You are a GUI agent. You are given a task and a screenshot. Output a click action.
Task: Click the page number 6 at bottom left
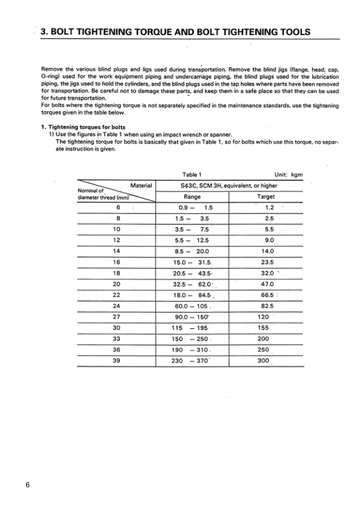28,485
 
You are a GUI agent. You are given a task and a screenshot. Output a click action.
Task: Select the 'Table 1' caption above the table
192,174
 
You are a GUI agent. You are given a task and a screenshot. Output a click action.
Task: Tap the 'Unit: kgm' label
288,174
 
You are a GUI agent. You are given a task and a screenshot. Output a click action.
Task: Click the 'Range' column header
192,196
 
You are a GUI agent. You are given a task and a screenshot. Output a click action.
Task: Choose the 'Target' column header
266,196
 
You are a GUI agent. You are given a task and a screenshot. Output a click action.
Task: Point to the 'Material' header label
142,186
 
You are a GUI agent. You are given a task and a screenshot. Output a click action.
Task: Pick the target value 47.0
267,284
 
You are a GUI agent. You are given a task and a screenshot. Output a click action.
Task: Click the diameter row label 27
117,316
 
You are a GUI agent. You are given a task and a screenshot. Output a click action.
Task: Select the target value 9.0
266,240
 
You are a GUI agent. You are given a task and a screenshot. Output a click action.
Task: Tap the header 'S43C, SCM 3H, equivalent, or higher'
229,186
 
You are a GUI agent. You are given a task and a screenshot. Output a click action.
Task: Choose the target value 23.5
266,262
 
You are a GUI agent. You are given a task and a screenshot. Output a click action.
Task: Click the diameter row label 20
117,284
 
